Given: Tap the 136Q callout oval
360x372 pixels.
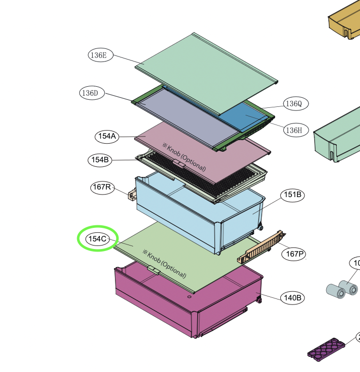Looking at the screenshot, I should (x=295, y=104).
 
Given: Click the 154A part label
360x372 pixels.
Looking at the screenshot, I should (x=107, y=136).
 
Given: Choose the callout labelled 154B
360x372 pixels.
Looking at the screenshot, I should (x=100, y=160).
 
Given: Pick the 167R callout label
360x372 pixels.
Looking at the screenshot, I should (x=102, y=188).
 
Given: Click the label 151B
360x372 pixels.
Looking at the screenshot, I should (x=292, y=195).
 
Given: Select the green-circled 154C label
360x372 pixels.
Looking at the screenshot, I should (x=97, y=239).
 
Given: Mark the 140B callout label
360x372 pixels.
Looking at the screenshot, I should (x=292, y=298).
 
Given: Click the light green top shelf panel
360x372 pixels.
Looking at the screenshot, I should (x=202, y=71).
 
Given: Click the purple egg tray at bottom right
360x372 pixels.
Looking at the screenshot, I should (x=327, y=348).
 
